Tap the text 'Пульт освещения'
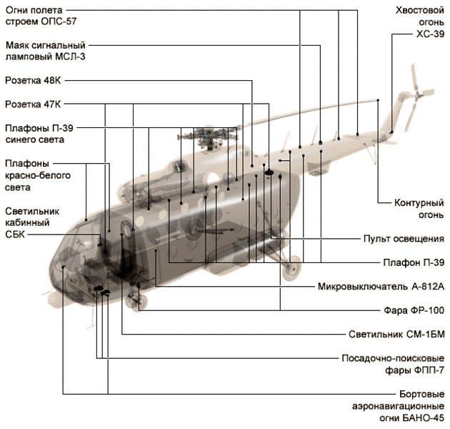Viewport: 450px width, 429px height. coord(404,238)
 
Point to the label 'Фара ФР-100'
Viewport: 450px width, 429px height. coord(411,311)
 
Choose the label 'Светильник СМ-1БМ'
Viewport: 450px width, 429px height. coord(396,333)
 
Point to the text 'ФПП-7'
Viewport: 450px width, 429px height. coord(428,370)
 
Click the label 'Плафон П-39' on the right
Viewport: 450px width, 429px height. coord(414,262)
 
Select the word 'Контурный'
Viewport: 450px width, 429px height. coord(420,202)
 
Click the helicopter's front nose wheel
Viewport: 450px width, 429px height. coord(136,302)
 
